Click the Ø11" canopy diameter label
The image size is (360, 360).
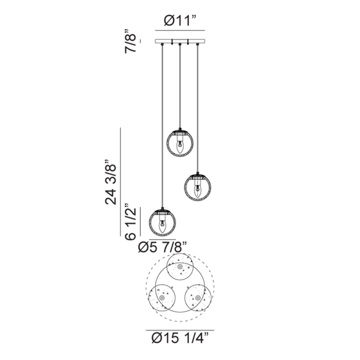point(180,21)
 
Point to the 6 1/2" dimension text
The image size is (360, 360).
point(132,224)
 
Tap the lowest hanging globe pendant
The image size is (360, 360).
point(163,222)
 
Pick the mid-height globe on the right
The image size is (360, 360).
point(198,187)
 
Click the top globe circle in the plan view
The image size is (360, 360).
point(180,268)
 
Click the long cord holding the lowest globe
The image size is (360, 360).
point(163,129)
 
